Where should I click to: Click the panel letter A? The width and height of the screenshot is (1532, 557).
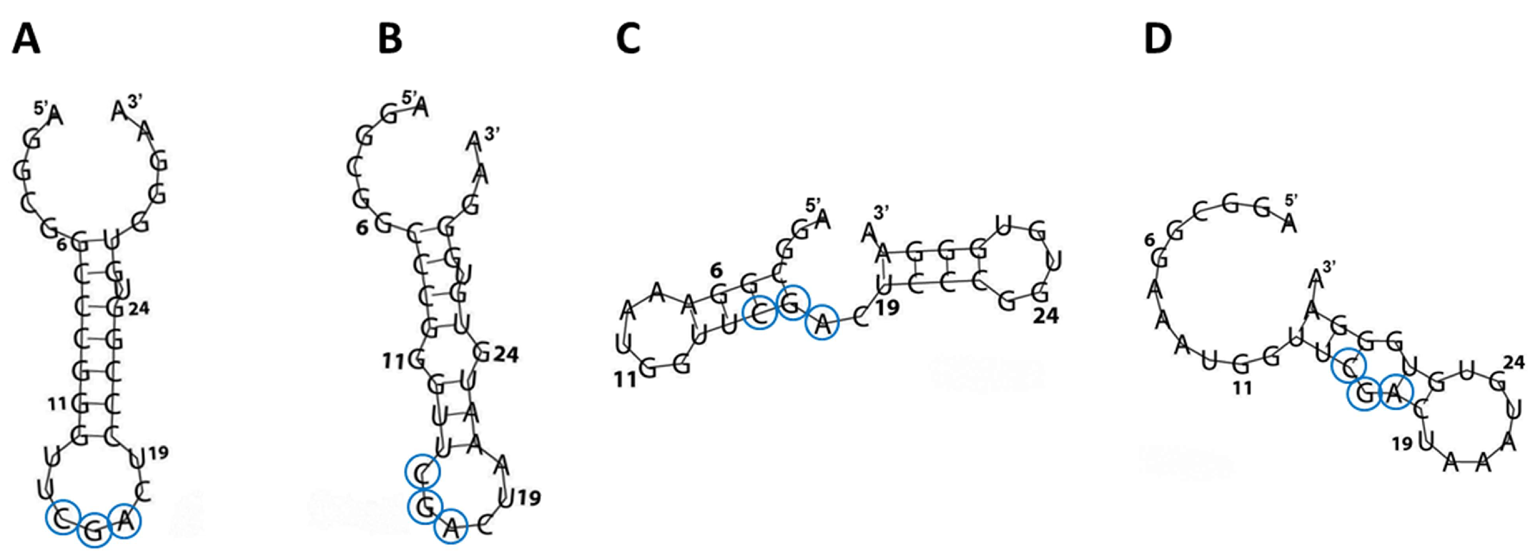pos(26,40)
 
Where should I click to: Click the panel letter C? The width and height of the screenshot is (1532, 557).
pos(628,40)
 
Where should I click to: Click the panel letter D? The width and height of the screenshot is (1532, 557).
pos(1158,40)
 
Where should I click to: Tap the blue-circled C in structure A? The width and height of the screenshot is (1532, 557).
pos(62,519)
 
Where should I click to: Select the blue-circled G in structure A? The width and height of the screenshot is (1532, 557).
pos(94,531)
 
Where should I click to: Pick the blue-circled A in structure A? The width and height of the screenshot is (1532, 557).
pos(125,521)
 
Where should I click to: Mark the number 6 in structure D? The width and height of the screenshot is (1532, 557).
pos(1149,240)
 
